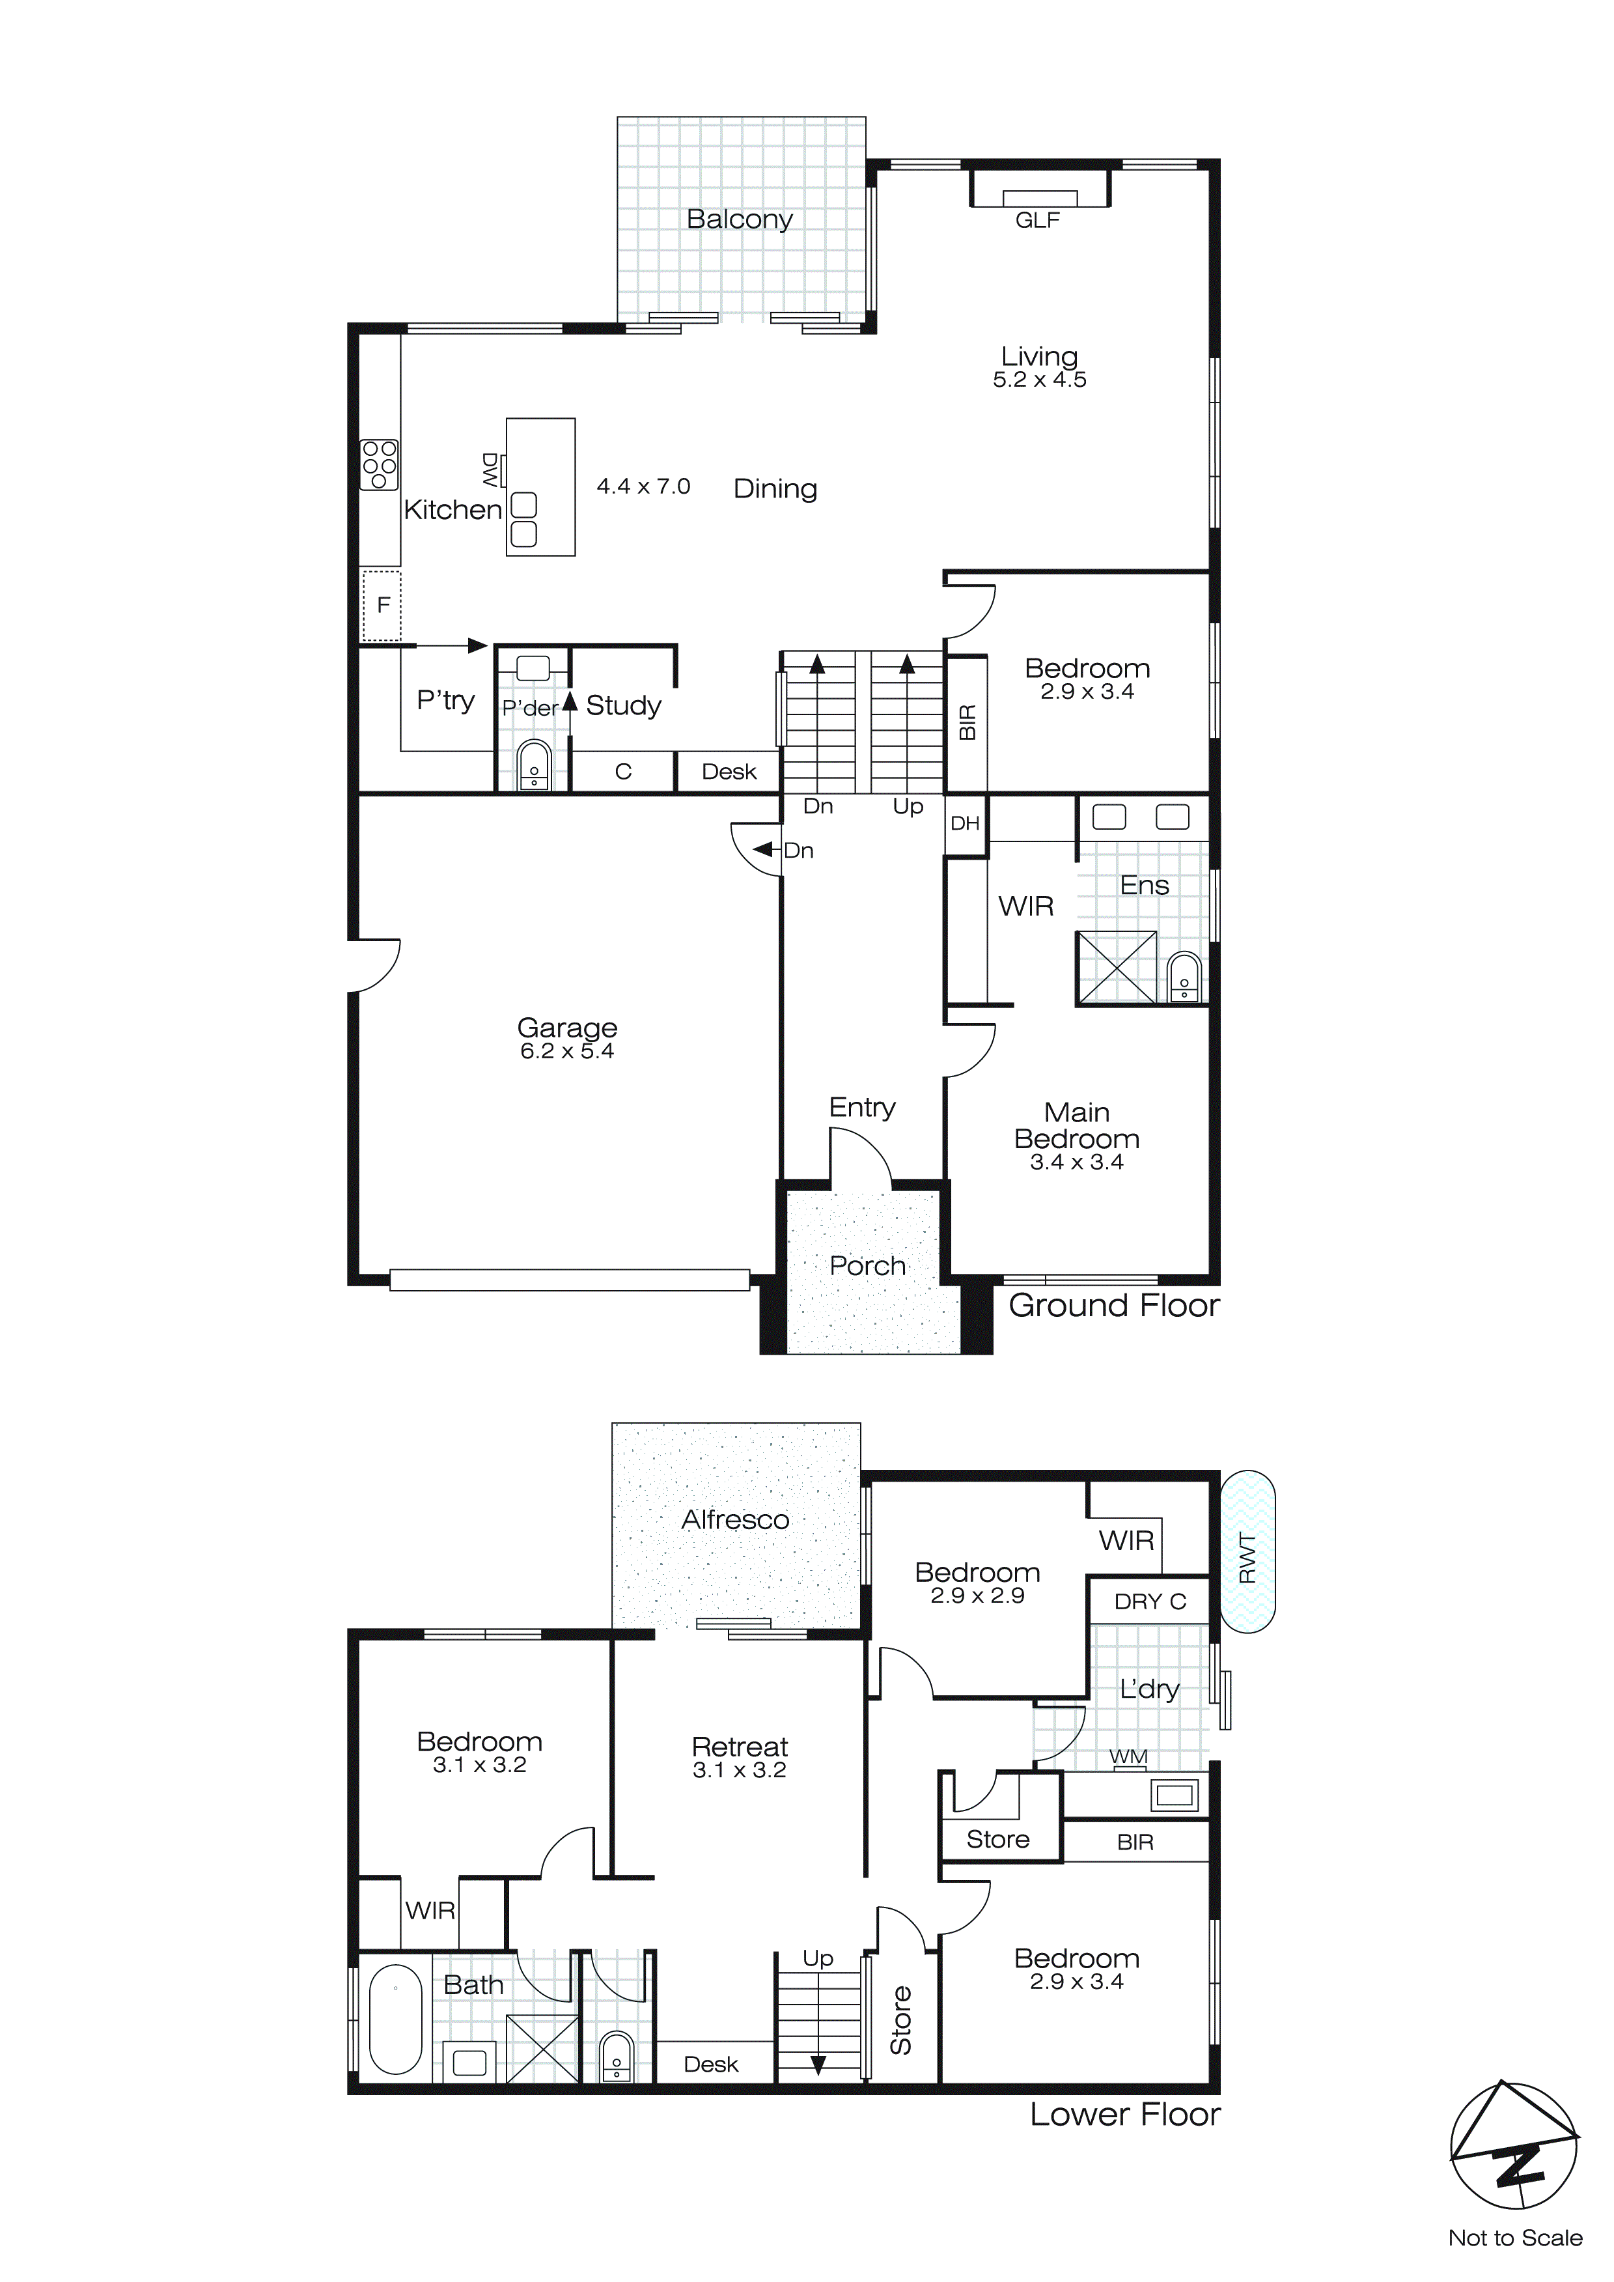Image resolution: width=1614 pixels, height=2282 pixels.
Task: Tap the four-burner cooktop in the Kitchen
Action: [379, 464]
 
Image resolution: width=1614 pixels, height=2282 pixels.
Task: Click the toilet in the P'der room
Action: [534, 765]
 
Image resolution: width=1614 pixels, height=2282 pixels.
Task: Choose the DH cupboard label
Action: [964, 823]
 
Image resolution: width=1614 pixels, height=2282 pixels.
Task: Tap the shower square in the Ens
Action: [1117, 967]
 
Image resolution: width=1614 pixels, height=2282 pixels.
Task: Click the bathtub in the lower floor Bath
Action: [396, 2019]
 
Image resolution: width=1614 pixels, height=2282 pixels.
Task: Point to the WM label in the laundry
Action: [1128, 1756]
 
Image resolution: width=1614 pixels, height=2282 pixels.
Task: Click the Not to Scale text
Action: [1514, 2238]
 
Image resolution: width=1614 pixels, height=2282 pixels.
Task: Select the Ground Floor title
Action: [1113, 1305]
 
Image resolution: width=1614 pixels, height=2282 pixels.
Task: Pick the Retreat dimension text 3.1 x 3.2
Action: [740, 1770]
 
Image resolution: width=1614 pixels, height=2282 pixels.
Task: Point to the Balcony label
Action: [740, 219]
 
